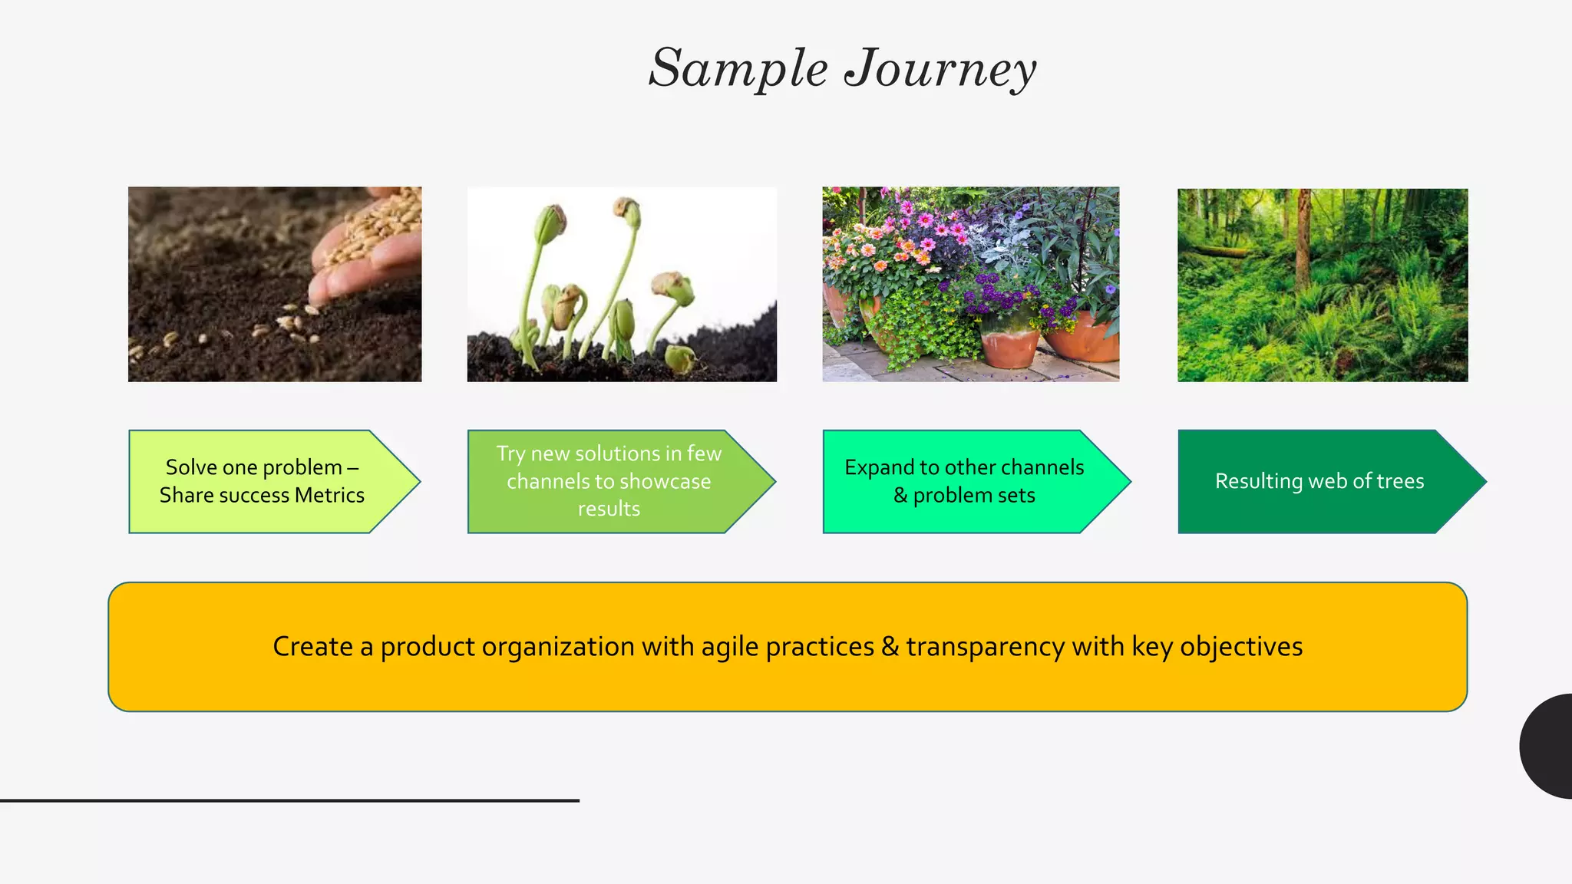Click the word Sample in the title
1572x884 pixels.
[738, 69]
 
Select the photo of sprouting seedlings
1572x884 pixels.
[622, 285]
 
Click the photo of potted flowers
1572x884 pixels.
[970, 285]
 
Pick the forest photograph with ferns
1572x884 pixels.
[1323, 285]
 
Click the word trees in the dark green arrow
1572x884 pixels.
[1400, 482]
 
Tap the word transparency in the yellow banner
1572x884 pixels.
[985, 647]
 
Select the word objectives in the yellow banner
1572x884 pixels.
[1240, 647]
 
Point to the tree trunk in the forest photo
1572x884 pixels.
[1303, 246]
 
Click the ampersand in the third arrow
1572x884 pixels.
[900, 496]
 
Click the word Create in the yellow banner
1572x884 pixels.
[312, 647]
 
